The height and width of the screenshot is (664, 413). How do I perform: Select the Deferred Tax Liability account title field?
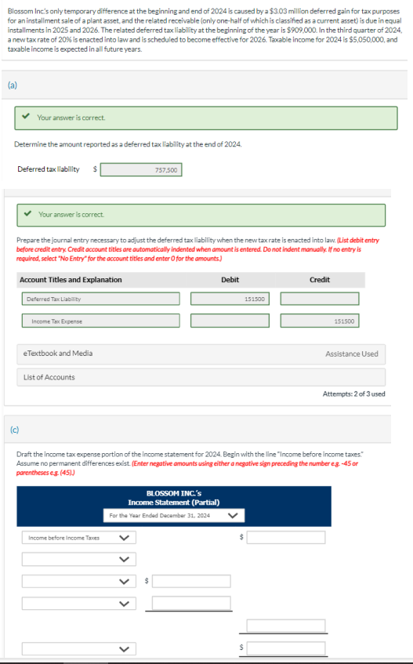pos(100,299)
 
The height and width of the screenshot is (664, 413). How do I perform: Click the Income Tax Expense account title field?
pos(100,321)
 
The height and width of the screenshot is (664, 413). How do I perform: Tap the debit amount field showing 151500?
pos(230,299)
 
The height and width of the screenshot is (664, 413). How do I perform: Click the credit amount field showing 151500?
pos(320,321)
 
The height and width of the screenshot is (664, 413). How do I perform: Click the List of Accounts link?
pos(49,378)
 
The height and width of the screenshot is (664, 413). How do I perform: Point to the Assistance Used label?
pos(351,354)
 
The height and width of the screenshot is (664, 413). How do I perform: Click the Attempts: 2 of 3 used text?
pos(353,394)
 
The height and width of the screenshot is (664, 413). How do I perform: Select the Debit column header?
pos(230,280)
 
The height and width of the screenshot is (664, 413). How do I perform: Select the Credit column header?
pos(320,280)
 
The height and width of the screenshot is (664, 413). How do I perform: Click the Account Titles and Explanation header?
pos(71,280)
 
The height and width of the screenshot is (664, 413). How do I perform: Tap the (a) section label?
pos(13,84)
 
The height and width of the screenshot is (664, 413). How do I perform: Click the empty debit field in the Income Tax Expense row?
pos(230,321)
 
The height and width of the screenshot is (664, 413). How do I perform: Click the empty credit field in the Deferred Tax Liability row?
pos(320,299)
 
